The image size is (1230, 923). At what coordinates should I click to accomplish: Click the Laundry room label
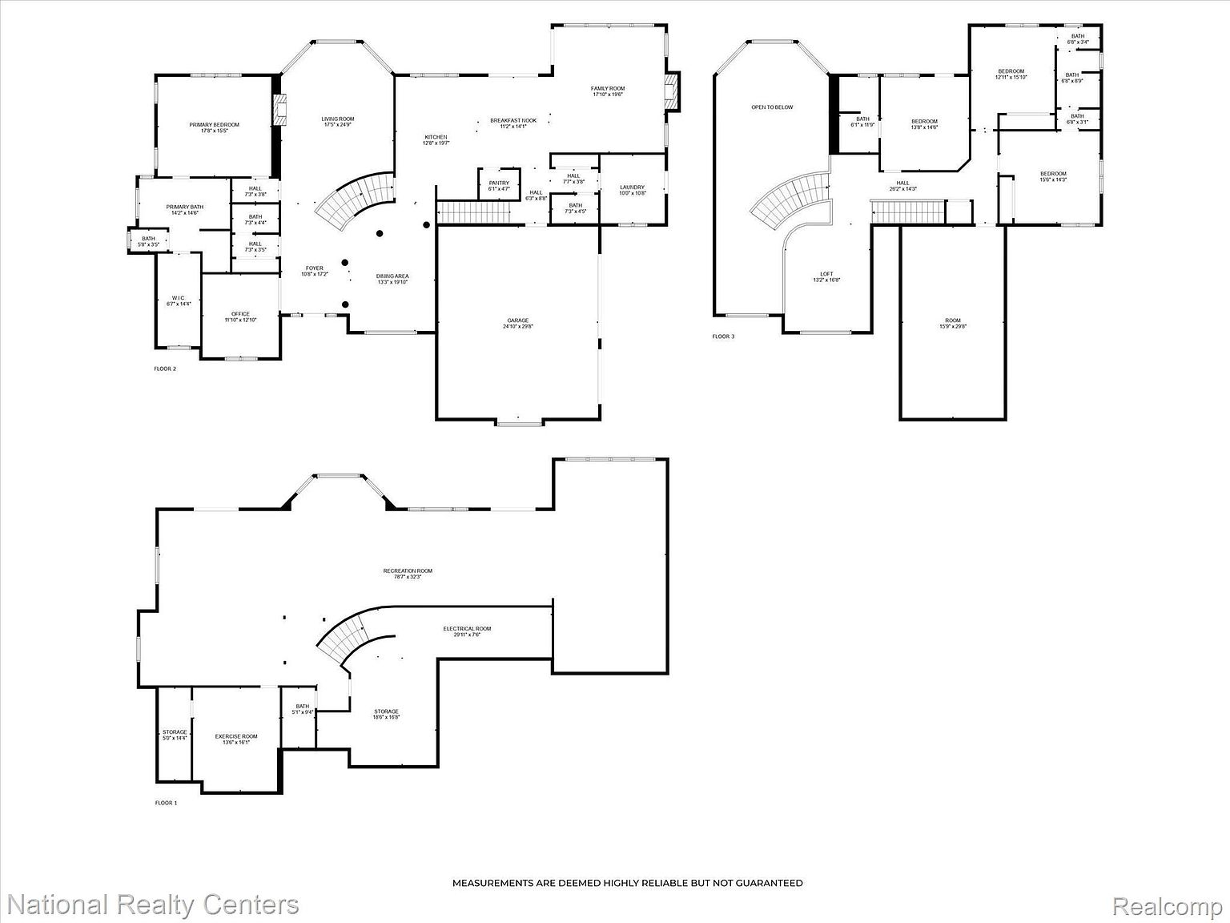(632, 188)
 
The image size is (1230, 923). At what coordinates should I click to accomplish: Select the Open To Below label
(772, 107)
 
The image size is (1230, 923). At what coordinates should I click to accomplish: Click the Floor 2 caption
(165, 369)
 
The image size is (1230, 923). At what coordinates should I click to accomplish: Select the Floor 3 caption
(723, 337)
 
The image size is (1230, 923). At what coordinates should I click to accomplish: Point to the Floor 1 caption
(166, 802)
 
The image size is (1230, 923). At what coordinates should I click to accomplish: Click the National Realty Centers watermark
(150, 905)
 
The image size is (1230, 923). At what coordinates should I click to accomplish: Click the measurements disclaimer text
(627, 883)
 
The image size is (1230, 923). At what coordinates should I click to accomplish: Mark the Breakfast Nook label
(513, 121)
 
